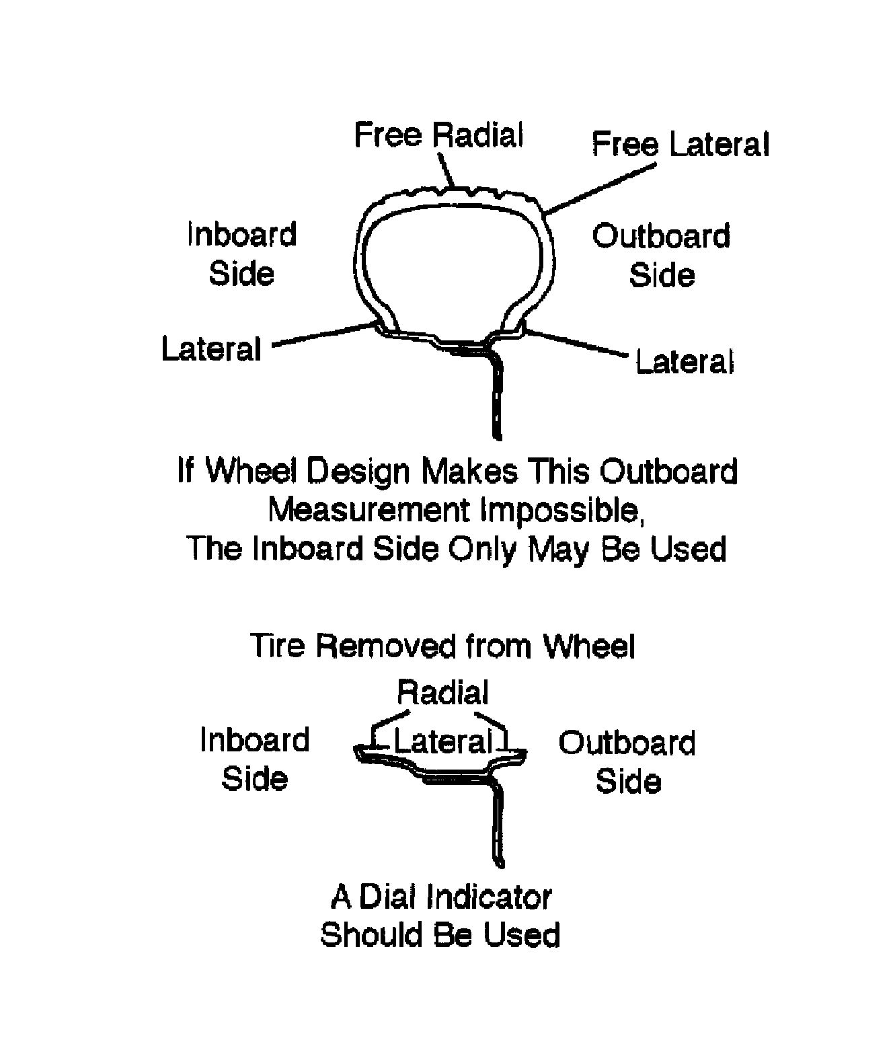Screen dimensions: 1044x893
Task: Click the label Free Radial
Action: pyautogui.click(x=438, y=135)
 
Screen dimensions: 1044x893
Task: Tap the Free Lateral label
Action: pyautogui.click(x=680, y=145)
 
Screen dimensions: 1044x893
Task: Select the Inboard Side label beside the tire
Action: pyautogui.click(x=241, y=254)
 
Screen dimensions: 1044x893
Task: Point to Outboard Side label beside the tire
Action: pyautogui.click(x=661, y=256)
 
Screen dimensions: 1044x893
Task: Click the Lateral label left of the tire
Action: pyautogui.click(x=211, y=349)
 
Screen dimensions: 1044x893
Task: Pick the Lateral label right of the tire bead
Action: pyautogui.click(x=685, y=362)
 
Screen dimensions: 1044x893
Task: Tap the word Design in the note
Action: pyautogui.click(x=358, y=472)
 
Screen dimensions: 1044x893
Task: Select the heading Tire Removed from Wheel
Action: pyautogui.click(x=443, y=646)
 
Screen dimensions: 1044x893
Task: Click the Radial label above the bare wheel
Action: pyautogui.click(x=442, y=692)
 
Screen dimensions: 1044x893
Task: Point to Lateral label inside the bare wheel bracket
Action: pyautogui.click(x=442, y=742)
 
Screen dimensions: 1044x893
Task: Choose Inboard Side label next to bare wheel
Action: pyautogui.click(x=255, y=759)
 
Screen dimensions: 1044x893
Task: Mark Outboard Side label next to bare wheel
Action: pyautogui.click(x=627, y=761)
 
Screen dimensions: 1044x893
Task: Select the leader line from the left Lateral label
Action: pyautogui.click(x=323, y=335)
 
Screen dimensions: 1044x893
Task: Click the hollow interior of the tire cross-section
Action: pyautogui.click(x=452, y=262)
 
